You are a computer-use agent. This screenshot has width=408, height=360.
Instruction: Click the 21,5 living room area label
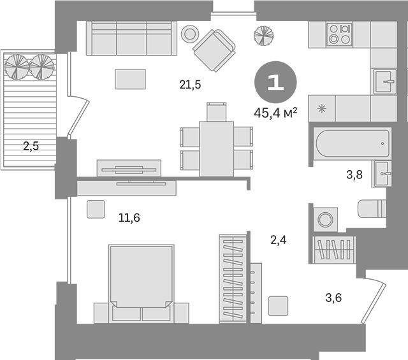click(190, 85)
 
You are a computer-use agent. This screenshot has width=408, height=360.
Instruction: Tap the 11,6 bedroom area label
click(129, 217)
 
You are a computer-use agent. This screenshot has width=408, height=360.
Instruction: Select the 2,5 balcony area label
click(31, 146)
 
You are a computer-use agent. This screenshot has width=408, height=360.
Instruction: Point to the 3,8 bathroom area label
click(354, 175)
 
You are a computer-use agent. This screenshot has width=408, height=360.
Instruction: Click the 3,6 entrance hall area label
click(333, 298)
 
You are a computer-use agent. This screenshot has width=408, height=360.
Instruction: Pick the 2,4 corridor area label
click(279, 240)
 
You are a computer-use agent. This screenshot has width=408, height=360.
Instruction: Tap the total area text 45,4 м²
click(275, 113)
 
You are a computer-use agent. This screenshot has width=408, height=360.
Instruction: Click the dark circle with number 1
click(275, 82)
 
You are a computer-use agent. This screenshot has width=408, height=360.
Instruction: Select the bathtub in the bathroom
click(353, 143)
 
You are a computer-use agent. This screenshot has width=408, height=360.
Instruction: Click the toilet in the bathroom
click(372, 208)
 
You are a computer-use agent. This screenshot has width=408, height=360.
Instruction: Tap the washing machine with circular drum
click(325, 220)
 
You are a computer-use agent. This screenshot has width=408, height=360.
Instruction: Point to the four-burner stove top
click(340, 34)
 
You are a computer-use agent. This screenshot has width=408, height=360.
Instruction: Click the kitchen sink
click(385, 82)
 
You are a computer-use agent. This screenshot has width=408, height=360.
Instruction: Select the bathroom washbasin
click(382, 174)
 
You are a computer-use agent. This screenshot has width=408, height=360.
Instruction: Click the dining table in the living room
click(217, 149)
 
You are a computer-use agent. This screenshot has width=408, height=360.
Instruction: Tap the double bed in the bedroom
click(142, 284)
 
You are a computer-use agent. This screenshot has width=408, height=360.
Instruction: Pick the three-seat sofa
click(131, 38)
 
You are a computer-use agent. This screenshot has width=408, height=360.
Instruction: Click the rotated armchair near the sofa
click(214, 50)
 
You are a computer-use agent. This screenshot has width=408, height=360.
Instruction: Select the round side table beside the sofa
click(190, 34)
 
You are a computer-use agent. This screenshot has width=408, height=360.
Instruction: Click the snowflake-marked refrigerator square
click(322, 108)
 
